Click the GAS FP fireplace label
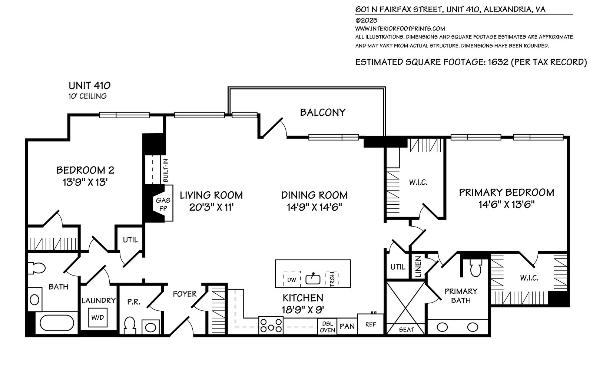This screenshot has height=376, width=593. pos(163,204)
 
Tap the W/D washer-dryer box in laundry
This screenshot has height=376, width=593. pos(98,317)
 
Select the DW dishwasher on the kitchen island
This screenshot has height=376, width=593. pos(292,279)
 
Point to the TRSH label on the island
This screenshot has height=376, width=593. pos(332,279)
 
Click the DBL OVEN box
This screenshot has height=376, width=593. pos(328,327)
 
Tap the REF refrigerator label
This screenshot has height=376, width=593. pos(370,324)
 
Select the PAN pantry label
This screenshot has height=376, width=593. pos(347,326)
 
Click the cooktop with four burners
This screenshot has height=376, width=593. pos(271,326)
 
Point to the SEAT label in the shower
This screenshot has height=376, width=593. pos(406,330)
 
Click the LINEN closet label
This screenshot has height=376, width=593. pos(418,267)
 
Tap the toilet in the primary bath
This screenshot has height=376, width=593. pos(476,268)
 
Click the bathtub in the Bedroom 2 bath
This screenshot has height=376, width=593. pos(57,323)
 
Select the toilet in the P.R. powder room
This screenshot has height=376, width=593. pos(130,326)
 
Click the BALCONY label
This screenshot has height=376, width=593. pos(323,112)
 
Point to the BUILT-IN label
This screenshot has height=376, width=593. pos(166,171)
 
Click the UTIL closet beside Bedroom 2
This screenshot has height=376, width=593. pos(130,240)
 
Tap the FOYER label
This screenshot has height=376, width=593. pos(185,294)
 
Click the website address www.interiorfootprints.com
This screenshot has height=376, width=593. pos(400,29)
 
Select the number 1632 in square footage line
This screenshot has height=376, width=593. pos(498,62)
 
